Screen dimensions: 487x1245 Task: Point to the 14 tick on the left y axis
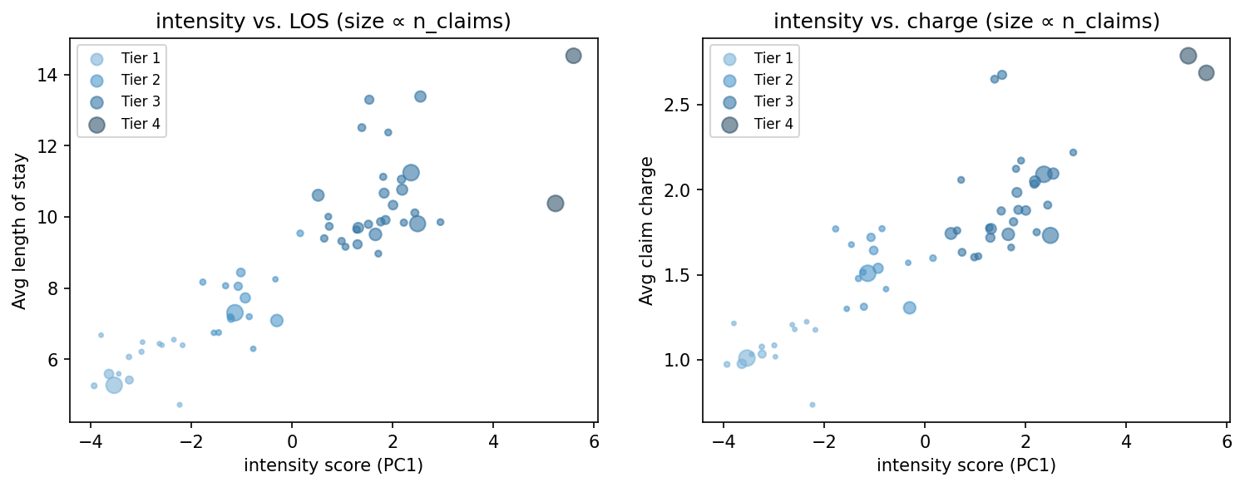coord(51,75)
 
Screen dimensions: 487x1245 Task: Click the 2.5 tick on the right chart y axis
coord(684,105)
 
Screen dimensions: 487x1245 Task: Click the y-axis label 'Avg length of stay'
coord(20,231)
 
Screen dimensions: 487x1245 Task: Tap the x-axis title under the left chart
coord(333,466)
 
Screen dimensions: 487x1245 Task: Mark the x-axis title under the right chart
coord(966,466)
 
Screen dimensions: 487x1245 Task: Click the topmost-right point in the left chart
coord(574,56)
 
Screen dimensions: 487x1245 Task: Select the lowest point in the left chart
coord(180,405)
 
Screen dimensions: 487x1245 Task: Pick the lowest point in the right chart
coord(813,405)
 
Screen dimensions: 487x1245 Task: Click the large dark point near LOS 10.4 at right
coord(556,203)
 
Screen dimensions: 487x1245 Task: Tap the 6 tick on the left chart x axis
coord(594,440)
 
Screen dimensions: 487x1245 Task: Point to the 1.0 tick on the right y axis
coord(684,360)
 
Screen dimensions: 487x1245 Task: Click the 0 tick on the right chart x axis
coord(925,440)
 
